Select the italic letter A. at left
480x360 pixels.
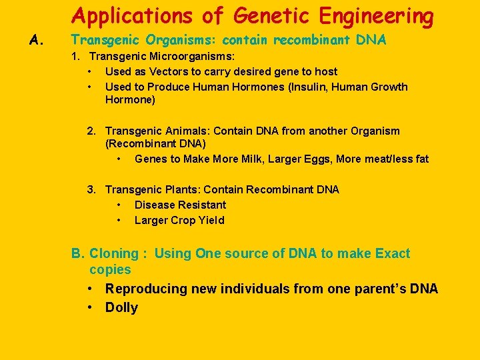(37, 41)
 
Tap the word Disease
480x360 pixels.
(154, 205)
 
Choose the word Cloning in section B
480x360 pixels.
(113, 253)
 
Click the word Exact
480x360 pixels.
(393, 253)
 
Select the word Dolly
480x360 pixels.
(121, 307)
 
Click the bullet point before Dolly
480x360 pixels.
(89, 307)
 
